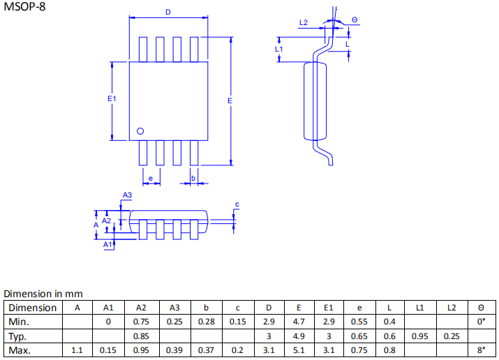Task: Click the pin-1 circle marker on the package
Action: (140, 130)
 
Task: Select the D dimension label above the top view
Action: (167, 13)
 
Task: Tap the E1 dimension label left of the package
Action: (112, 100)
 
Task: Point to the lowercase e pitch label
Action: (151, 178)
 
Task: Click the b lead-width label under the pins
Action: (193, 178)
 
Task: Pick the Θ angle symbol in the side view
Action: (355, 20)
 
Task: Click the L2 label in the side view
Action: (304, 23)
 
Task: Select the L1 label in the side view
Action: (278, 49)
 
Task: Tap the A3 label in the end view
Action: (127, 195)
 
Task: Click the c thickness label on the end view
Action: (237, 204)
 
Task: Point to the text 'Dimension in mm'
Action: (43, 294)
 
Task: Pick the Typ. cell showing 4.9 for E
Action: (299, 336)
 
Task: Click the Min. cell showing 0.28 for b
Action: (205, 322)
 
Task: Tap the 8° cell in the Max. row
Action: (481, 350)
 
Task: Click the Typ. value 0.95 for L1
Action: (420, 336)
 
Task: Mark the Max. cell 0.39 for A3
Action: (174, 350)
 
